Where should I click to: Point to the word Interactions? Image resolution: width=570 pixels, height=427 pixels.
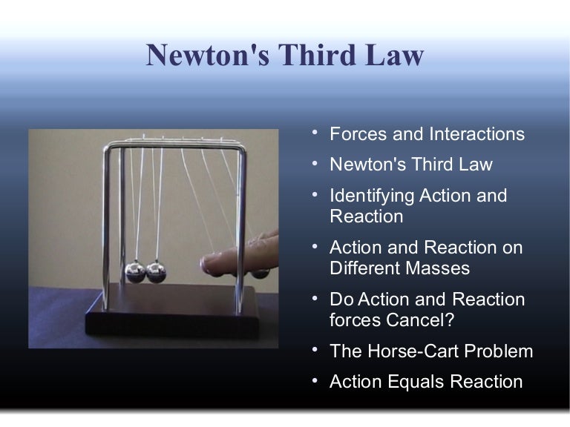click(476, 134)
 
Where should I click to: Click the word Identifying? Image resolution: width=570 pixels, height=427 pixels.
click(372, 196)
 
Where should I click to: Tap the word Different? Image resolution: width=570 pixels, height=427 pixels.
click(364, 268)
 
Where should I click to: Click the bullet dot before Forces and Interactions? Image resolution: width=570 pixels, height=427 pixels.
click(315, 133)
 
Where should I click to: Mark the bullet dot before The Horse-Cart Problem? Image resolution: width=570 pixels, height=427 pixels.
click(315, 350)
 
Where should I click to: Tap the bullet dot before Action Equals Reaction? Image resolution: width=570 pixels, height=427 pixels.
click(315, 381)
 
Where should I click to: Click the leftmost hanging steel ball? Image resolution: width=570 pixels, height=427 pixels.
click(135, 271)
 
